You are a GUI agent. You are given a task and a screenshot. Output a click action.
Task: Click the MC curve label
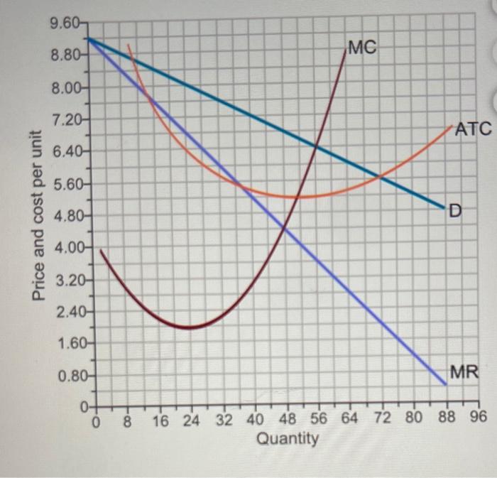click(x=363, y=48)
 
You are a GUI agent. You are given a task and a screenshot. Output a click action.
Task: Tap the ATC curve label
click(x=473, y=129)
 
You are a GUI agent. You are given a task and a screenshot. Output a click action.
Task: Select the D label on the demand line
click(x=455, y=210)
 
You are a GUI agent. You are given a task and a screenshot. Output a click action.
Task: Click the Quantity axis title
click(x=287, y=439)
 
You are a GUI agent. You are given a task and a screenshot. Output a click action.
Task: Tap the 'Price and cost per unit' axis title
click(x=40, y=214)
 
